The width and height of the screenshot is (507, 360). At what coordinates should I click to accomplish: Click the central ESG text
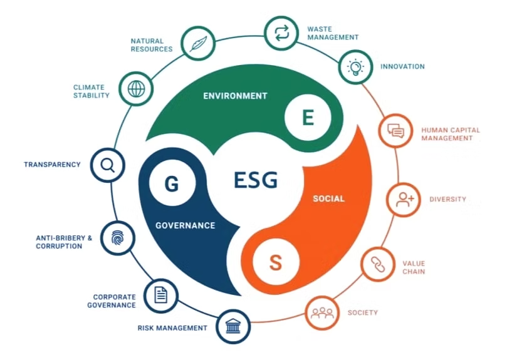pos(256,180)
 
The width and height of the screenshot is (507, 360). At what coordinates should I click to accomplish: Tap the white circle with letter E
pos(308,118)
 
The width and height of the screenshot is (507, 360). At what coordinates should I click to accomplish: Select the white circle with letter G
pos(172,183)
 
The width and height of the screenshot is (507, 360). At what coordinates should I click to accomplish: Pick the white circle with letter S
pos(276,262)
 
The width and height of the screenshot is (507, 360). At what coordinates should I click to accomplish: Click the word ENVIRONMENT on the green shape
pos(235,96)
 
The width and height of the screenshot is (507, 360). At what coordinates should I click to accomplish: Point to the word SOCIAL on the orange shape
pos(328,198)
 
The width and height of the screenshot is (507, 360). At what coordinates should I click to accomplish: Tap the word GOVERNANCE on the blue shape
pos(186,225)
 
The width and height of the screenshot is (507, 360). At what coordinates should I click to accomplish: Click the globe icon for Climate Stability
pos(136,88)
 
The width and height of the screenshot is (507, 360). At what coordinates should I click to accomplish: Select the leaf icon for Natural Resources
pos(198,43)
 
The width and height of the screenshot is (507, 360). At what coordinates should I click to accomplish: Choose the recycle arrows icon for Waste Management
pos(281,33)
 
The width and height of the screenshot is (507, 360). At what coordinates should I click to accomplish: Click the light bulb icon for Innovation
pos(355,67)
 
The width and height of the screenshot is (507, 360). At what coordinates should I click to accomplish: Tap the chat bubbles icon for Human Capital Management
pos(396,131)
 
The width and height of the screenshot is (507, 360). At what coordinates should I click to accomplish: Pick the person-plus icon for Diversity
pos(404,199)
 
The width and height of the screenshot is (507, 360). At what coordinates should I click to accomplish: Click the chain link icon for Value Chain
pos(378,265)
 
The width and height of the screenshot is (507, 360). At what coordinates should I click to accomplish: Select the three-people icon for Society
pos(322,313)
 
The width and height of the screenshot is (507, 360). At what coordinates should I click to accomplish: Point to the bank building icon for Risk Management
pos(233,326)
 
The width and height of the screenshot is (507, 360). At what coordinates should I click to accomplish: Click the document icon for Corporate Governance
pos(160,295)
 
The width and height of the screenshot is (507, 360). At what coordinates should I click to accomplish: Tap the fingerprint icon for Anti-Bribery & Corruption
pos(117,239)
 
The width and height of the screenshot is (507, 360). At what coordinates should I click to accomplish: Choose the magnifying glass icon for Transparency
pos(108,165)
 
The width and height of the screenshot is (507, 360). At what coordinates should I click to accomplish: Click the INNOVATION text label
pos(402,66)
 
